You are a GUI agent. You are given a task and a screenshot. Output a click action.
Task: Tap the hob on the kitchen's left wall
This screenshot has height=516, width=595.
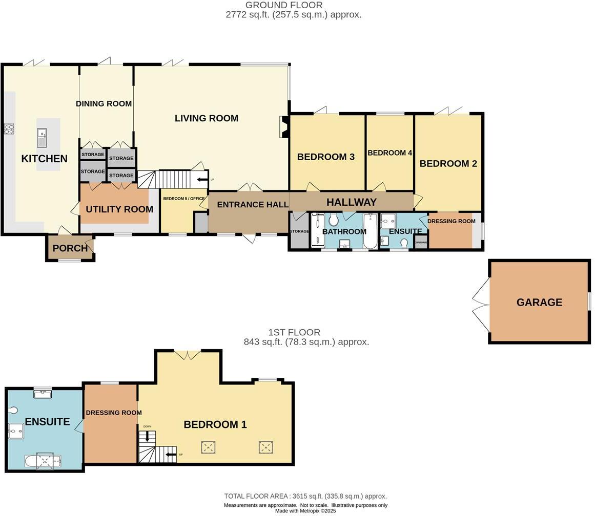coord(9,129)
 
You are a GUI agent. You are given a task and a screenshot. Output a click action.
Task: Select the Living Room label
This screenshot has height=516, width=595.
coord(206,118)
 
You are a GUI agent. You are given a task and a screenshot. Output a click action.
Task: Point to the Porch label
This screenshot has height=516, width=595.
coord(70,248)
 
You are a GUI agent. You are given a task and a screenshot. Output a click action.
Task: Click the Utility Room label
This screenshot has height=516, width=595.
coord(119,209)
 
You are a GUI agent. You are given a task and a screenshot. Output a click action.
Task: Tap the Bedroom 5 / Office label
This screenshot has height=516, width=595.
coord(183,199)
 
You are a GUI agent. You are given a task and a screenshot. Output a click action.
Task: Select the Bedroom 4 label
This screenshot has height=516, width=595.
coord(389,153)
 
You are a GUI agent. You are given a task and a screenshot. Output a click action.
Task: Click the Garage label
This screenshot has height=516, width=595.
coord(539,302)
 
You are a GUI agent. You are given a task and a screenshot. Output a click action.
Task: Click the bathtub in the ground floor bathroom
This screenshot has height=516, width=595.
coord(370,230)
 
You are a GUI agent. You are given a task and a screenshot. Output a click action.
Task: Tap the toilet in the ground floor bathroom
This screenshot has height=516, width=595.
coord(334,220)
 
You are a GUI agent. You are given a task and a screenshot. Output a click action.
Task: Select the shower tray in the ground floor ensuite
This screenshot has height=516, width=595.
coord(388,221)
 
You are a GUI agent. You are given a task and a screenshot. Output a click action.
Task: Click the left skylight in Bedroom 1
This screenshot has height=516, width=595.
coord(208,447)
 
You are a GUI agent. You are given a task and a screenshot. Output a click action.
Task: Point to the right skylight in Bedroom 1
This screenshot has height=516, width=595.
coord(265,447)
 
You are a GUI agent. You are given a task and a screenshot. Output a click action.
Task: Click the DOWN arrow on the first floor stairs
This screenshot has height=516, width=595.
coord(148,436)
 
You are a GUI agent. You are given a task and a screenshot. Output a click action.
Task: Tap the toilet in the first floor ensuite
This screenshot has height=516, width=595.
coord(13,410)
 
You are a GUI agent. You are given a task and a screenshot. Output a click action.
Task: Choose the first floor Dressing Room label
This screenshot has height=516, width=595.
coord(113,413)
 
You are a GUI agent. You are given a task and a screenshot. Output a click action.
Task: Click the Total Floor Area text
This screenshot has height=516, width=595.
coord(305,496)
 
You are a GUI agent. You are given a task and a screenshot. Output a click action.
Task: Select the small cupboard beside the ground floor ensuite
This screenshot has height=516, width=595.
coord(421,242)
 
